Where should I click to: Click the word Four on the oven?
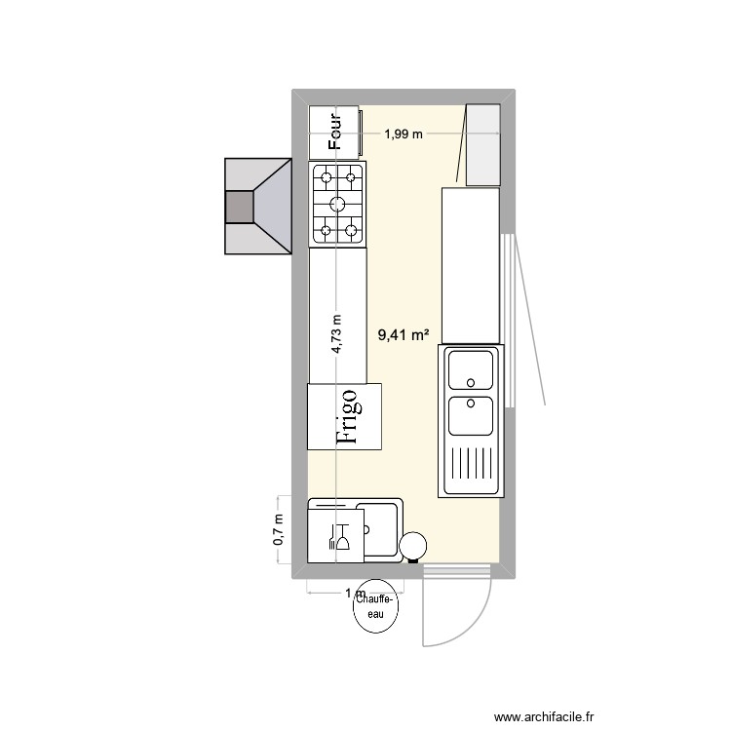pos(336,132)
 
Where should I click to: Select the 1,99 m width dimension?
pos(403,135)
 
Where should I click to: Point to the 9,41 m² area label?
pos(404,335)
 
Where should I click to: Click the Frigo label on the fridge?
pos(347,416)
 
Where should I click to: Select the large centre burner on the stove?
pos(337,203)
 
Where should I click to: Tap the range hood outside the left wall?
pos(258,208)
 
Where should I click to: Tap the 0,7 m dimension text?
pos(279,530)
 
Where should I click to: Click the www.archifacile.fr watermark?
pos(543,716)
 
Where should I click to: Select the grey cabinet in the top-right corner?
pos(483,144)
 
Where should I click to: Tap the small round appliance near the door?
pos(413,547)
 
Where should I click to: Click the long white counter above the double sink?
pos(471,265)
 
